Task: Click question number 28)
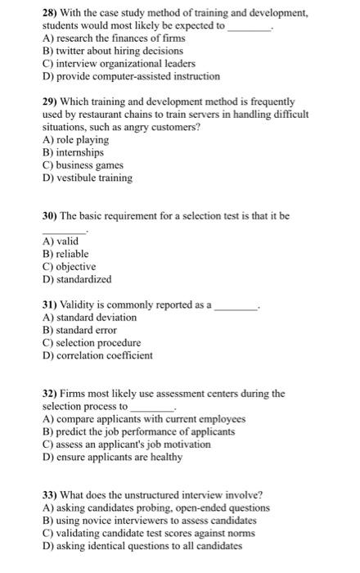(x=51, y=14)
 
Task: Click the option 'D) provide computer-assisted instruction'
(x=131, y=76)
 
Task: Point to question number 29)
(x=51, y=102)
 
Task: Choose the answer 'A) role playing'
(x=75, y=140)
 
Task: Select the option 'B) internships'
(x=74, y=152)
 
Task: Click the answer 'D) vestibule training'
(x=88, y=178)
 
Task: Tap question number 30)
(x=51, y=216)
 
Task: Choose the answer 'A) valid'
(x=61, y=241)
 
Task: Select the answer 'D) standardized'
(x=77, y=279)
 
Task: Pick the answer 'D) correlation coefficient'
(x=97, y=355)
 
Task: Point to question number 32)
(x=51, y=394)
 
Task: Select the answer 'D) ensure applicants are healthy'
(x=112, y=457)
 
